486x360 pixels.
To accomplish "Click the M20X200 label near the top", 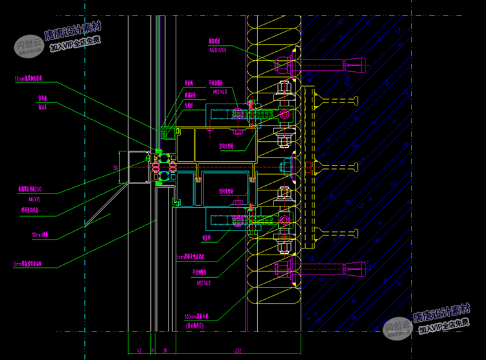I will tap(218, 49).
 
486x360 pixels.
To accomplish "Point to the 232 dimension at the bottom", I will tap(238, 350).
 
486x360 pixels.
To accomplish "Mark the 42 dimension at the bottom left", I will tap(139, 350).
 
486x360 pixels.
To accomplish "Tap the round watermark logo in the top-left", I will tap(28, 46).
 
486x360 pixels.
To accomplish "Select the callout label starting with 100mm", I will tap(197, 317).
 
